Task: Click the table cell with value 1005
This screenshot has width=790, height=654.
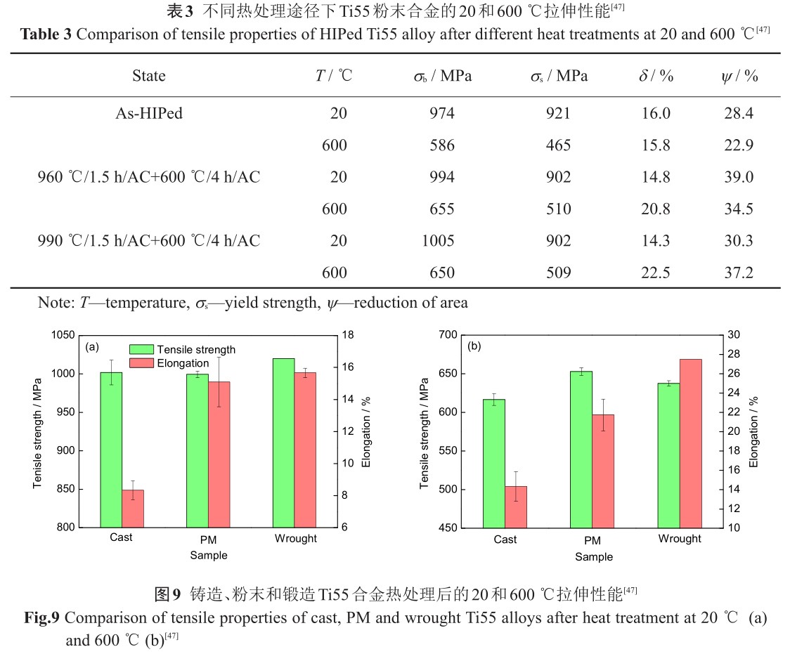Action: [439, 241]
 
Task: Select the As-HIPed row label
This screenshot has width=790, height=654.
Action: [148, 114]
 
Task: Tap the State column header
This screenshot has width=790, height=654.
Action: [148, 77]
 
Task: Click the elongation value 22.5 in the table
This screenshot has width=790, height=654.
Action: [656, 273]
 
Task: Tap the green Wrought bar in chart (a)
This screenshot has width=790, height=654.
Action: [284, 443]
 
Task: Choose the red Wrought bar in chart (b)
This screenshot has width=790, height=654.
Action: [690, 443]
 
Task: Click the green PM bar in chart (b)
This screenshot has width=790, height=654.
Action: [581, 449]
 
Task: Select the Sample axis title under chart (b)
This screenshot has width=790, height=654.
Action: [593, 557]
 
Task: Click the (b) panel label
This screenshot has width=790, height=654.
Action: [474, 346]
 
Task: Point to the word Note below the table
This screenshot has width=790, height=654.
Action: [53, 303]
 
